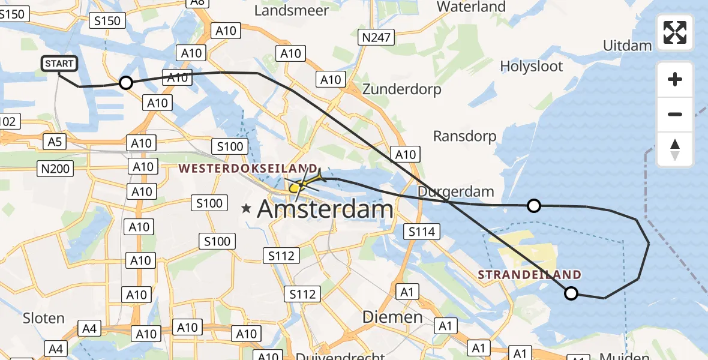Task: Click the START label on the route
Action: (x=59, y=64)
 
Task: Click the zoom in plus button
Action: (x=675, y=79)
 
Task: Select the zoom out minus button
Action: (x=675, y=114)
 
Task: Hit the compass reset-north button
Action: (x=675, y=149)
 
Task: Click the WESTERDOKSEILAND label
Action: (x=248, y=168)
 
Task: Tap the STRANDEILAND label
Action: (x=530, y=275)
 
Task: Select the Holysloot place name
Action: (x=532, y=66)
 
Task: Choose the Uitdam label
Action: (x=627, y=46)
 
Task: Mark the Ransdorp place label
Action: (x=464, y=136)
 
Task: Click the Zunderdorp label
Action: (x=401, y=89)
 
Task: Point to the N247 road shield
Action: (x=376, y=38)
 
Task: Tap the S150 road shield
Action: (x=108, y=21)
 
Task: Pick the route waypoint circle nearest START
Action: (x=125, y=83)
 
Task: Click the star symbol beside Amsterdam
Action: (x=246, y=209)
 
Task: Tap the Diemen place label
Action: (x=392, y=316)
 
